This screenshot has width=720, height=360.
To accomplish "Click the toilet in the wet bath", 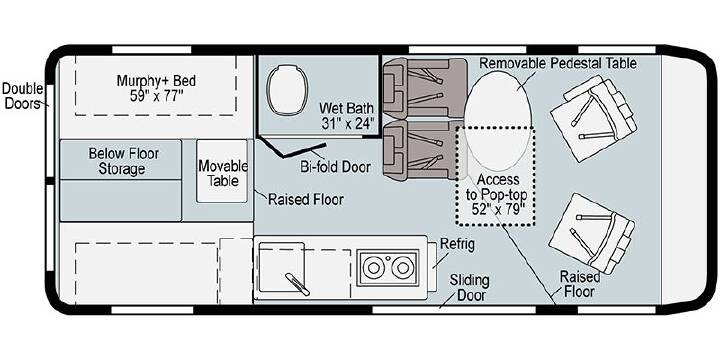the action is click(286, 89).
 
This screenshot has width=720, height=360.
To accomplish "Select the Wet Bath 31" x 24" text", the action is click(347, 116).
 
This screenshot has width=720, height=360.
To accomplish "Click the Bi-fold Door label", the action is click(335, 167).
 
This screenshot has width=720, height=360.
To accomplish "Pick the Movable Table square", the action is click(222, 171).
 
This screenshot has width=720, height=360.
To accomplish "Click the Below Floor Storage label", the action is click(123, 161).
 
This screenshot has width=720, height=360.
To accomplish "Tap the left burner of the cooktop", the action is click(372, 267).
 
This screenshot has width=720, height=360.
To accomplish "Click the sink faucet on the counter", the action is click(297, 284).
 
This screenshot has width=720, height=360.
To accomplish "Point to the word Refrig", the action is click(457, 244).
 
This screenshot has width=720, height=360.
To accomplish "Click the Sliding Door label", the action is click(469, 287).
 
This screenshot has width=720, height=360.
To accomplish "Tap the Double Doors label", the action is click(23, 96).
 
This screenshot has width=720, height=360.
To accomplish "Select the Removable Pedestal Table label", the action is click(558, 63).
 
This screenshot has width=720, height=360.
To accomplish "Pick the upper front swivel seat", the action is click(593, 118).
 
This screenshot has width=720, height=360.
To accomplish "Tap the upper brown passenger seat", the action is click(425, 88).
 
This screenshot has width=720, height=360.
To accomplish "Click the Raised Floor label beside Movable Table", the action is click(306, 200).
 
